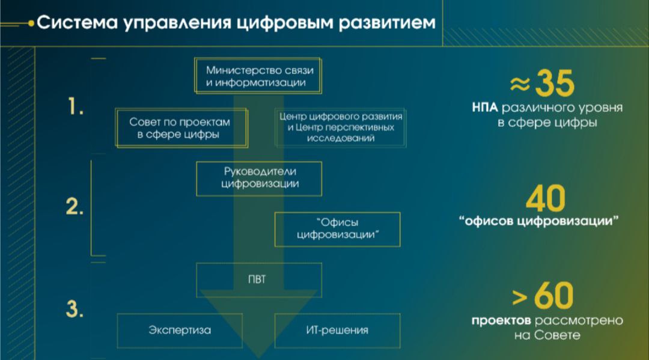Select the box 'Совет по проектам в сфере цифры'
click(180, 128)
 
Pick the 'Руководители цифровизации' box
click(259, 178)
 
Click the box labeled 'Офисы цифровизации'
click(337, 228)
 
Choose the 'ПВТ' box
click(259, 279)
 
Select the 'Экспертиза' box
click(180, 330)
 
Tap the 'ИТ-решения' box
click(337, 330)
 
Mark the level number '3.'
click(74, 309)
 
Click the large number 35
click(555, 84)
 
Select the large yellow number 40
click(545, 198)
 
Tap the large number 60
click(553, 295)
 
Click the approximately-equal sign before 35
click(520, 85)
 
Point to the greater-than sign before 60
click(519, 297)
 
